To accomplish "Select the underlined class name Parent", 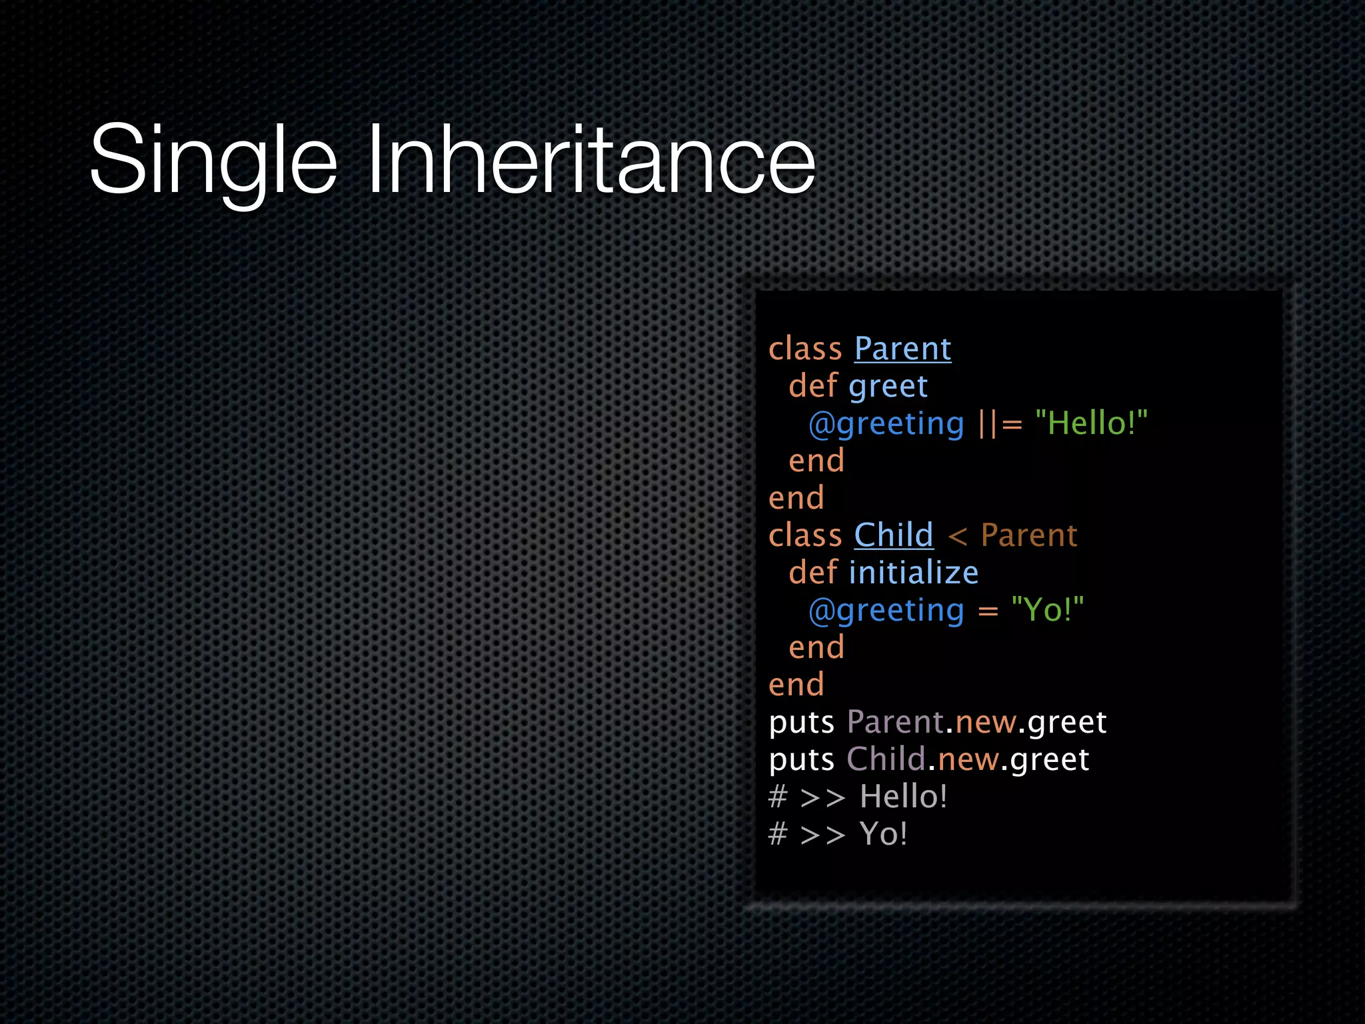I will click(902, 349).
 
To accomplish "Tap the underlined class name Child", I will click(893, 535).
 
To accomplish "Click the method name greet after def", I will click(888, 387).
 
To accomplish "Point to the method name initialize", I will click(913, 573).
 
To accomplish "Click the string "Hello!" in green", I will click(1091, 423).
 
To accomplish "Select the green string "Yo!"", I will click(1047, 610).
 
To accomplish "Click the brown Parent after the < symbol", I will click(1029, 535).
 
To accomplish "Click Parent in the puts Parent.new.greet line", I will click(895, 722).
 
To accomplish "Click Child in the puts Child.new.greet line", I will click(886, 759).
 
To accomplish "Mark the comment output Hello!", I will click(903, 797).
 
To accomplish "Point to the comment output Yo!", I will click(883, 834).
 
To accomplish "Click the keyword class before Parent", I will click(805, 349).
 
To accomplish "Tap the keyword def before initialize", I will click(812, 573).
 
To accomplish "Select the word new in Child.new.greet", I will click(968, 760).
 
